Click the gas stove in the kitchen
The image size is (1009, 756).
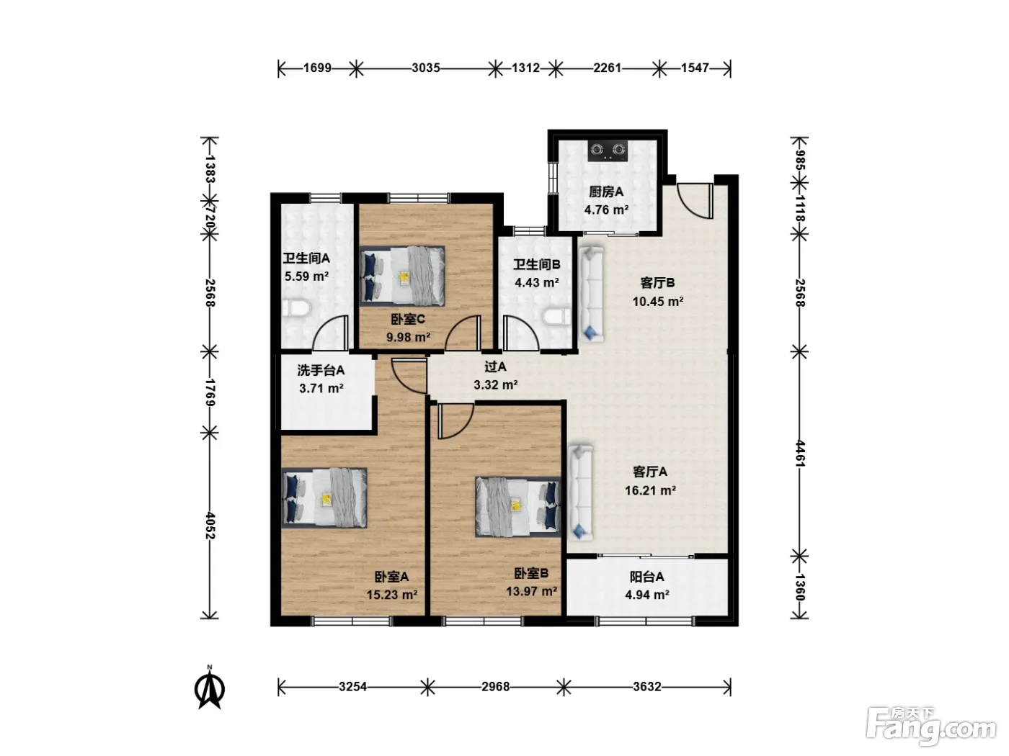pyautogui.click(x=608, y=150)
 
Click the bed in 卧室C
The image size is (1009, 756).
pyautogui.click(x=402, y=276)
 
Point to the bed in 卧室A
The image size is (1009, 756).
pyautogui.click(x=324, y=498)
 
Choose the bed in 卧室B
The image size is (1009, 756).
pyautogui.click(x=518, y=507)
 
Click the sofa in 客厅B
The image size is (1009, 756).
pyautogui.click(x=592, y=294)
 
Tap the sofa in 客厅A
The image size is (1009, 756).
pyautogui.click(x=581, y=492)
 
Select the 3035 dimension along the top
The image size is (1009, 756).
pyautogui.click(x=426, y=68)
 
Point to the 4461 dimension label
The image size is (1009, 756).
pyautogui.click(x=800, y=454)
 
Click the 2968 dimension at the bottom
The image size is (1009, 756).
pyautogui.click(x=496, y=687)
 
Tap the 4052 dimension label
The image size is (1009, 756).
pyautogui.click(x=210, y=526)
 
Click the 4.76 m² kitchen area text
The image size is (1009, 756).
pyautogui.click(x=606, y=210)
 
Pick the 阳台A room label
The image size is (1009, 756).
pyautogui.click(x=646, y=577)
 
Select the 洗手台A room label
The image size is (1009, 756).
pyautogui.click(x=321, y=370)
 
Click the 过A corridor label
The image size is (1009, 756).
pyautogui.click(x=496, y=366)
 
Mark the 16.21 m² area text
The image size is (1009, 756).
pyautogui.click(x=650, y=490)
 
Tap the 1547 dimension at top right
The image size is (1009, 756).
pyautogui.click(x=695, y=68)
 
